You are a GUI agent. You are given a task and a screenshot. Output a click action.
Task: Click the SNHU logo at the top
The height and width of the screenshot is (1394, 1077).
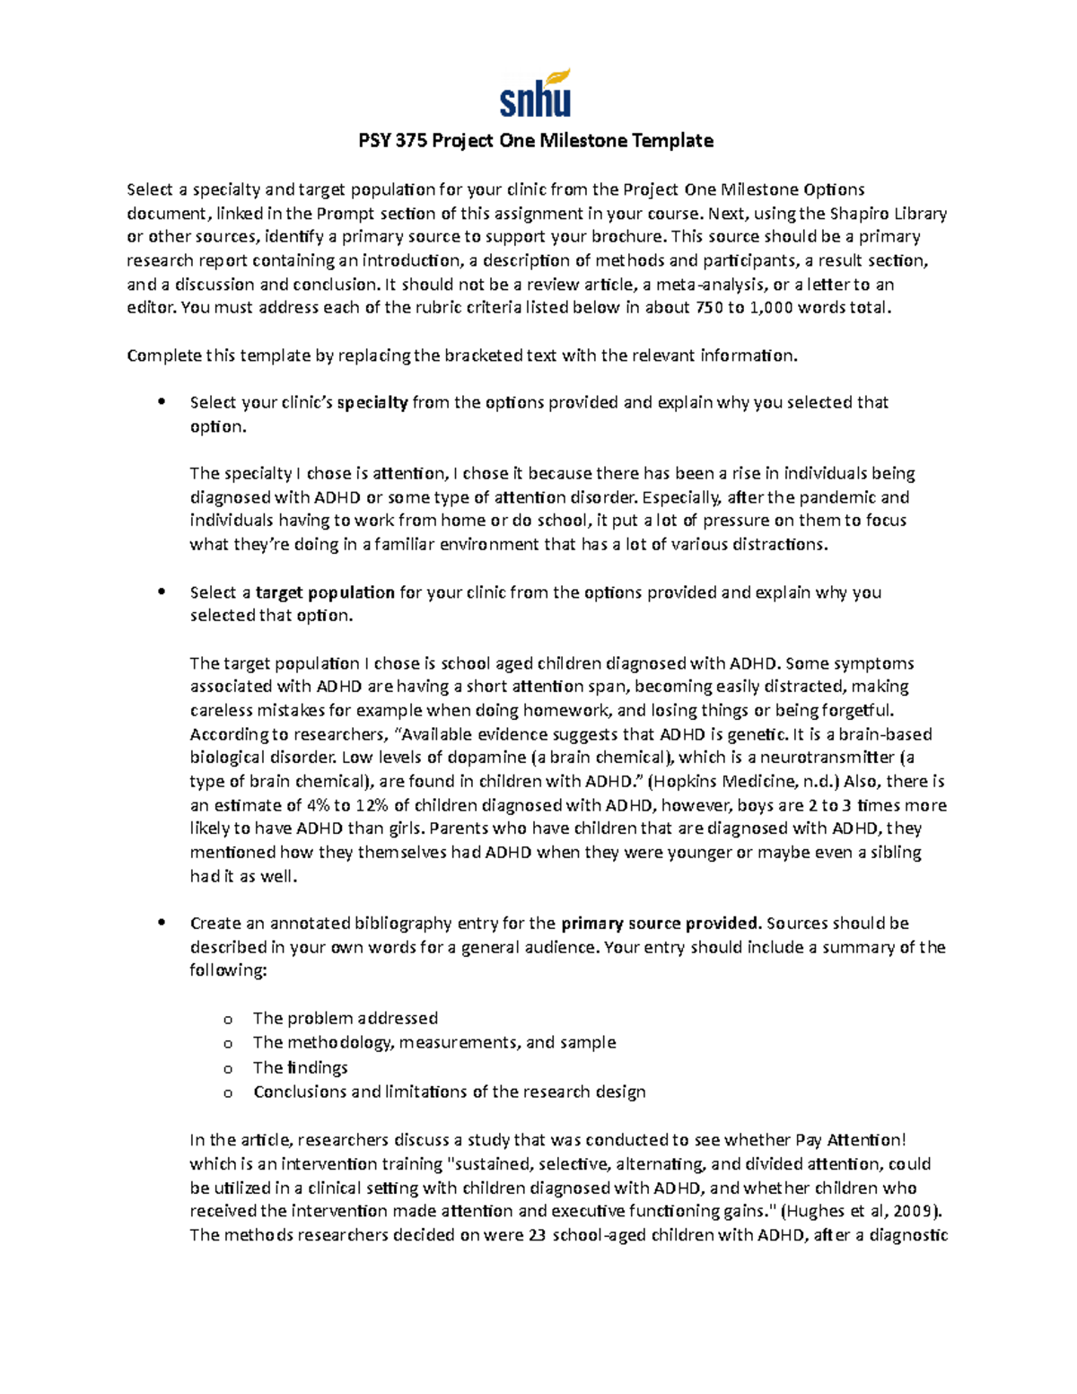pos(536,94)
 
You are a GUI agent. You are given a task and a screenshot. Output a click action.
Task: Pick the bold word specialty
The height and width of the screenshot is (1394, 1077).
pos(372,402)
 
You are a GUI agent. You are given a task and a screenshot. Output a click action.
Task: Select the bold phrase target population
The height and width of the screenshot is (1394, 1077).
pos(325,592)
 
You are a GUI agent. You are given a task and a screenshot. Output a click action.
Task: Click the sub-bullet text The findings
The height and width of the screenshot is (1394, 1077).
pos(300,1067)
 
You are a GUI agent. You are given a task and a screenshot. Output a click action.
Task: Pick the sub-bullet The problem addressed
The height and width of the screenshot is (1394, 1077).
pos(345,1018)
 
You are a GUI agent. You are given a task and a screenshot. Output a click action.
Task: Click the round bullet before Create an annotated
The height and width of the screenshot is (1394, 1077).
pos(162,922)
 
